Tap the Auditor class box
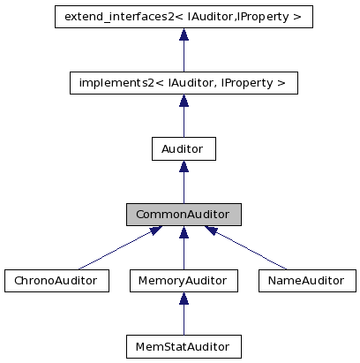[x=183, y=148]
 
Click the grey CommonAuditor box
[x=183, y=215]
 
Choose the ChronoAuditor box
[x=56, y=281]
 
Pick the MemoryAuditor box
[x=183, y=281]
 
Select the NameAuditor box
[x=306, y=281]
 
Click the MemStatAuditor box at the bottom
[x=183, y=346]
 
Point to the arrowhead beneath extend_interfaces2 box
[x=184, y=34]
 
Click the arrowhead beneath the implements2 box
[x=184, y=101]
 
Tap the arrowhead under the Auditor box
[x=184, y=167]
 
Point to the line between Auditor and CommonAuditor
[x=184, y=189]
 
